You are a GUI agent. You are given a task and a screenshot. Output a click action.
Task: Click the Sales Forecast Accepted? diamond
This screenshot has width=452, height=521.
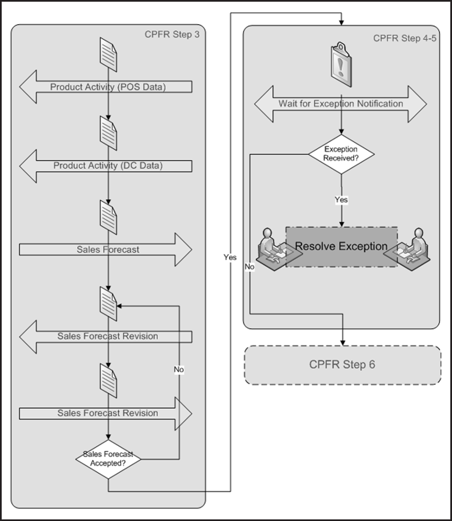(108, 459)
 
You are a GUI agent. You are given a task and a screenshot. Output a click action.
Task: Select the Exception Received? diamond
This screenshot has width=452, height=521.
(341, 154)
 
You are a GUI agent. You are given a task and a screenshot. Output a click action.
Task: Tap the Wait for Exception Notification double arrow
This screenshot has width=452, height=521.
(341, 104)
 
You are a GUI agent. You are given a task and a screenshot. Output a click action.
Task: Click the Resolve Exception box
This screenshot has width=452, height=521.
(341, 246)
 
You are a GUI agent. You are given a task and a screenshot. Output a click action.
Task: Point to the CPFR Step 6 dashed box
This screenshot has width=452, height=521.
(342, 364)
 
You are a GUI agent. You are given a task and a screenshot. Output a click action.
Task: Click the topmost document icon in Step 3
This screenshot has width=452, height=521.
(108, 55)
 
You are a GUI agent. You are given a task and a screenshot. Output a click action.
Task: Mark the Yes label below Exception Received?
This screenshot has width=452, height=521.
(341, 199)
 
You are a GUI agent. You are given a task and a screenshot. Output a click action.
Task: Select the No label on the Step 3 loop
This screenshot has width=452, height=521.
(178, 369)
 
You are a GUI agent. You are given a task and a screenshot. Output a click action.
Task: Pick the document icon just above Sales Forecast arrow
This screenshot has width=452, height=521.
(108, 217)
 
